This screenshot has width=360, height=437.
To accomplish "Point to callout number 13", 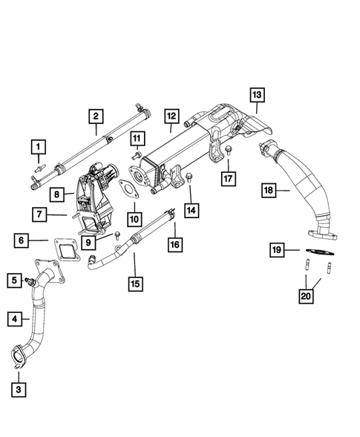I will tap(257, 95).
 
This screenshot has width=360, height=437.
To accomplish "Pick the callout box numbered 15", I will tap(134, 283).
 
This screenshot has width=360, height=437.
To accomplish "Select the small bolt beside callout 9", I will tap(117, 235).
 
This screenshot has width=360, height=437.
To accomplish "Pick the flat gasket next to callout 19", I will tap(318, 252).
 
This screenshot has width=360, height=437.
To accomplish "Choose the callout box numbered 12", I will tap(171, 116).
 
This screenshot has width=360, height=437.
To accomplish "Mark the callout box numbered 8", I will tap(56, 194).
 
